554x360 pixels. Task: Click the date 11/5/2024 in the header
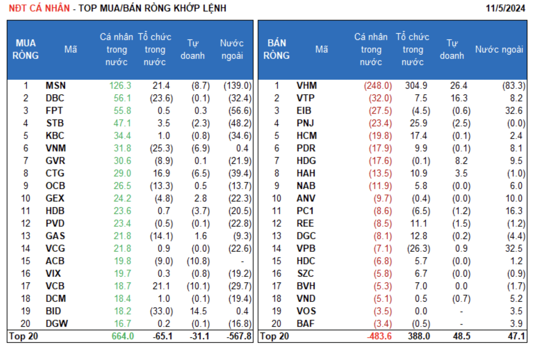pos(505,8)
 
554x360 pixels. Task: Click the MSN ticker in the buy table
pos(56,86)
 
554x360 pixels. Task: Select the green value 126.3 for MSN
pos(120,86)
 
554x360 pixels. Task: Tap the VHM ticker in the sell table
pos(307,86)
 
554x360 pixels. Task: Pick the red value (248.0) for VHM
pos(378,86)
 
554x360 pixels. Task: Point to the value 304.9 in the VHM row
pos(416,86)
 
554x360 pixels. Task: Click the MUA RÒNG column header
pos(25,49)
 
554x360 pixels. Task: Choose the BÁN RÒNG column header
pos(276,49)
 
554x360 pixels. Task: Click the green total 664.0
pos(123,336)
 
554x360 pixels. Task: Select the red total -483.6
pos(379,336)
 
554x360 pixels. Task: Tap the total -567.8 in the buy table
pos(239,336)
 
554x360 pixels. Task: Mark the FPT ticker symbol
pos(54,111)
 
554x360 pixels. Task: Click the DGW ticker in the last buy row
pos(57,324)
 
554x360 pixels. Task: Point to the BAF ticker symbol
pos(305,324)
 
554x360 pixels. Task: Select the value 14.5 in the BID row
pos(198,311)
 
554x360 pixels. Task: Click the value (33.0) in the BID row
pos(161,311)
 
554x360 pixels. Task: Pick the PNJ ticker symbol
pos(305,123)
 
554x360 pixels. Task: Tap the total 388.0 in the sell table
pos(419,336)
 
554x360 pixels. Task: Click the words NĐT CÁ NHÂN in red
pos(39,8)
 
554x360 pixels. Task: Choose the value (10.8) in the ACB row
pos(198,261)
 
